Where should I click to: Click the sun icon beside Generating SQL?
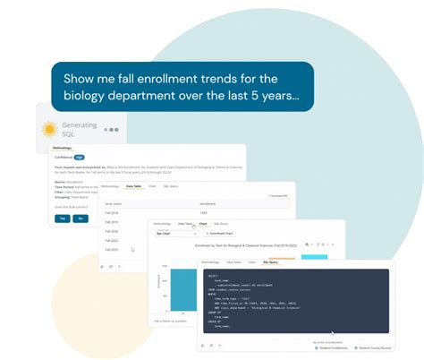[51, 129]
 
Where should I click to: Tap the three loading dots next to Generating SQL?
[111, 130]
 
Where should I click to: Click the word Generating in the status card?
[79, 124]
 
